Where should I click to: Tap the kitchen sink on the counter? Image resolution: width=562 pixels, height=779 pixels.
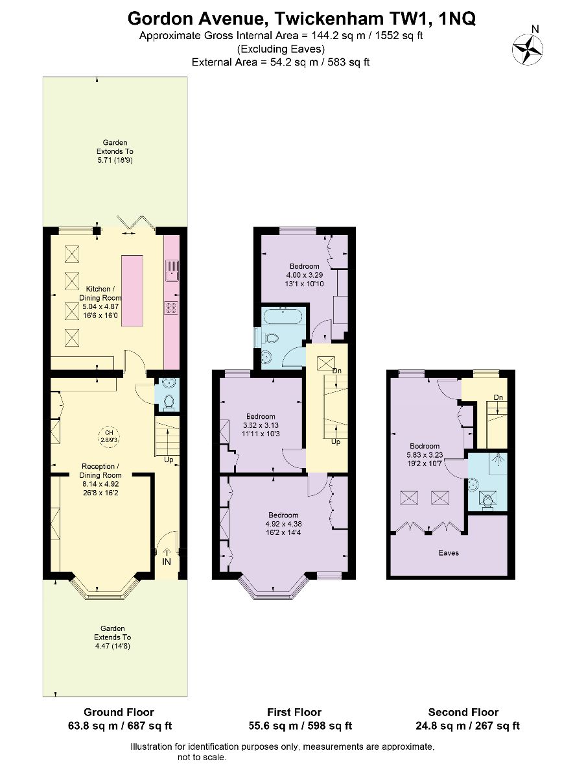[x=172, y=270]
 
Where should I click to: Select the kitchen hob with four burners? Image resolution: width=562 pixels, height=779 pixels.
[x=172, y=308]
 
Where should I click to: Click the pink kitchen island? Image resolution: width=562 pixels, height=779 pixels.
[x=132, y=291]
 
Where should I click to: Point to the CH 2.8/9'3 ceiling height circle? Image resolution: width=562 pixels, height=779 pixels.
[x=109, y=436]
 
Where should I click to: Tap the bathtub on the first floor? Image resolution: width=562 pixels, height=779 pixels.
[x=284, y=317]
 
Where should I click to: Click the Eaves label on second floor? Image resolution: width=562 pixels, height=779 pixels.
[x=449, y=552]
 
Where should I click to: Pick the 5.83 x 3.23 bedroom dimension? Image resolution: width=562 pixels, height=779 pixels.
[x=425, y=454]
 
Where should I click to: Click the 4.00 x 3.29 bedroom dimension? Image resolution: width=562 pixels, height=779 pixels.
[x=304, y=275]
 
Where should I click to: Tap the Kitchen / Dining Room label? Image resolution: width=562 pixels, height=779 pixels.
[x=100, y=293]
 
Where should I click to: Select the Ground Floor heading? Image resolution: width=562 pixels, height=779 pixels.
[x=119, y=712]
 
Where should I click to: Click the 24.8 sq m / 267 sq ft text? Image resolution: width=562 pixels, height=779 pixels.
[x=467, y=726]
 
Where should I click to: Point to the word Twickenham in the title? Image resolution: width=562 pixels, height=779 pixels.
[x=331, y=18]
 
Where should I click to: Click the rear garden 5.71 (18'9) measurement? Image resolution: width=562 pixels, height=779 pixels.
[x=115, y=160]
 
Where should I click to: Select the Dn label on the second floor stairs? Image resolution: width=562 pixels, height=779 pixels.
[x=498, y=397]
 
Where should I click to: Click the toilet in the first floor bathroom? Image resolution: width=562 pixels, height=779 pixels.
[x=271, y=338]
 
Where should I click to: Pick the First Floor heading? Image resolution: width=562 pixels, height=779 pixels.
[x=294, y=712]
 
